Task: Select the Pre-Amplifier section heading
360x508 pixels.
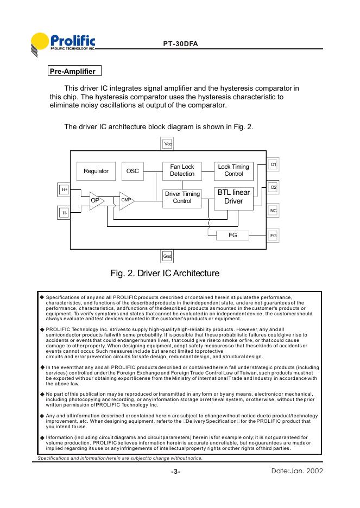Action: [x=72, y=71]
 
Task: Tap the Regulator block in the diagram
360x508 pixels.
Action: [x=96, y=171]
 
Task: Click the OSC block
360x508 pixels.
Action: [x=132, y=171]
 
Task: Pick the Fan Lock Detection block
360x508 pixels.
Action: [x=182, y=170]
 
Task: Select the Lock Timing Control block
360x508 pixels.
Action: [x=233, y=170]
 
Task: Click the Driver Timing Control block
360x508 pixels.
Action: [x=182, y=198]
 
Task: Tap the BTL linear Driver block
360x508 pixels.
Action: [x=233, y=197]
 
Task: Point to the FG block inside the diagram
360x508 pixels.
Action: [x=232, y=236]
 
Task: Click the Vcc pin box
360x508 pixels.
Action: [x=168, y=144]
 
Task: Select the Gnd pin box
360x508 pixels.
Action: [x=168, y=256]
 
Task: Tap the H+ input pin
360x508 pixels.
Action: [x=65, y=189]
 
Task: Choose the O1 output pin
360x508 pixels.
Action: [x=274, y=163]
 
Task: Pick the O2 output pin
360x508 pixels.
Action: [x=274, y=187]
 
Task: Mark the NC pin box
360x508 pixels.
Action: [x=274, y=210]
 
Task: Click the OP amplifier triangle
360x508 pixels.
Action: [x=96, y=200]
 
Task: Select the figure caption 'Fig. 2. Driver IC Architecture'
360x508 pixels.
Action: [x=165, y=273]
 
